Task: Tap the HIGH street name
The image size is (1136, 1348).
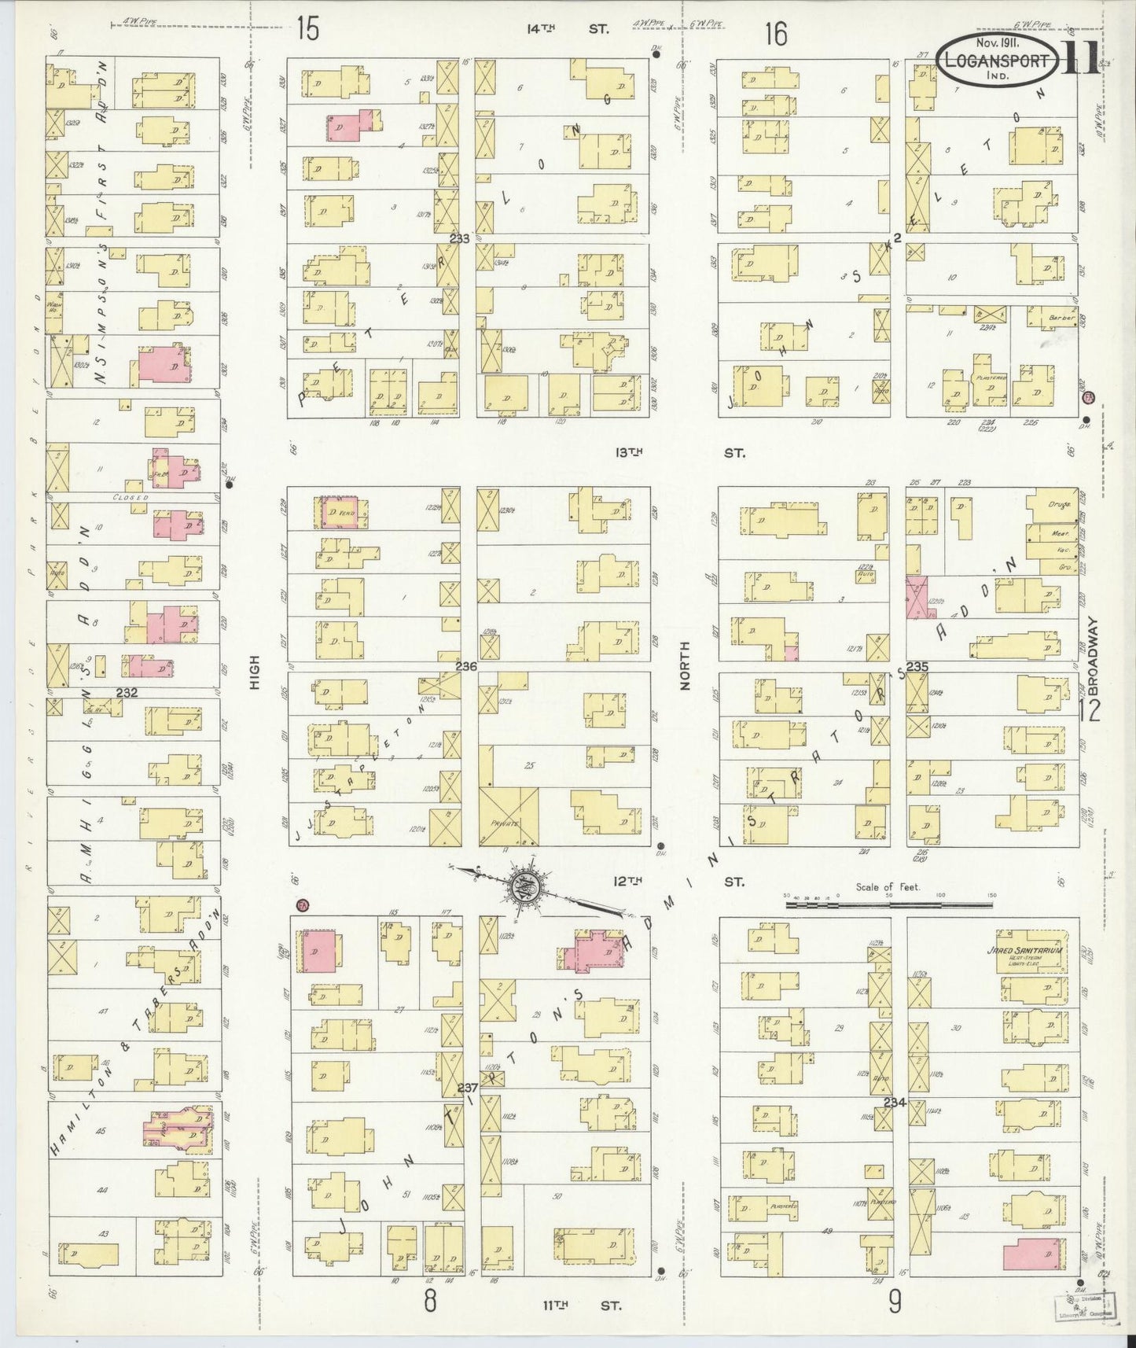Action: click(254, 673)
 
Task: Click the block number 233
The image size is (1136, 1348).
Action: click(459, 239)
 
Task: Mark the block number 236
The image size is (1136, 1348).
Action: click(466, 666)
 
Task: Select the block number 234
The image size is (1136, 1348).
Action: click(895, 1103)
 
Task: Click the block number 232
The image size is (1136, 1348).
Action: click(127, 693)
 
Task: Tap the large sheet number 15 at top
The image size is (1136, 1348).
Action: click(307, 31)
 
